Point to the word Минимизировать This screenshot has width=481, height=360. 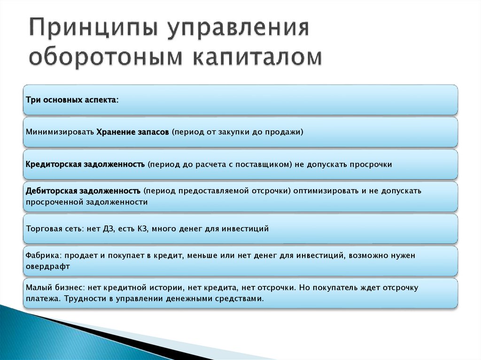click(x=60, y=132)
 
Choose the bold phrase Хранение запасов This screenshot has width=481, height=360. click(x=132, y=132)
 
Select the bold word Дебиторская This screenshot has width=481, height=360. click(x=52, y=191)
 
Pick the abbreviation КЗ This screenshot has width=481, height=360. click(x=142, y=229)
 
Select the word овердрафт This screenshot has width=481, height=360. click(x=48, y=267)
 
